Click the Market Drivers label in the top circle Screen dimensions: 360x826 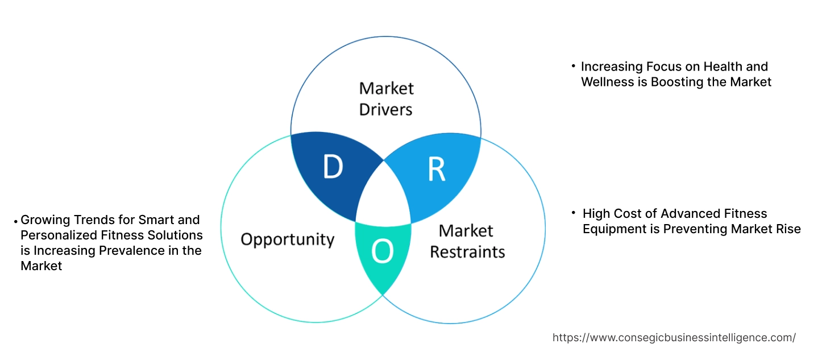(x=386, y=98)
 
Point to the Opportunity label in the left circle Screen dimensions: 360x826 (x=287, y=239)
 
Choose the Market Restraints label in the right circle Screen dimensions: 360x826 (x=467, y=241)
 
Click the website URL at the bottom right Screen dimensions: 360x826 (x=674, y=338)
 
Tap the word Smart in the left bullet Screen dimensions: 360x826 (x=154, y=220)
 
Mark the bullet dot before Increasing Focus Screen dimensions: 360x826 (x=573, y=67)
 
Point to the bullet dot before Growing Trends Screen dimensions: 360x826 (x=15, y=220)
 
